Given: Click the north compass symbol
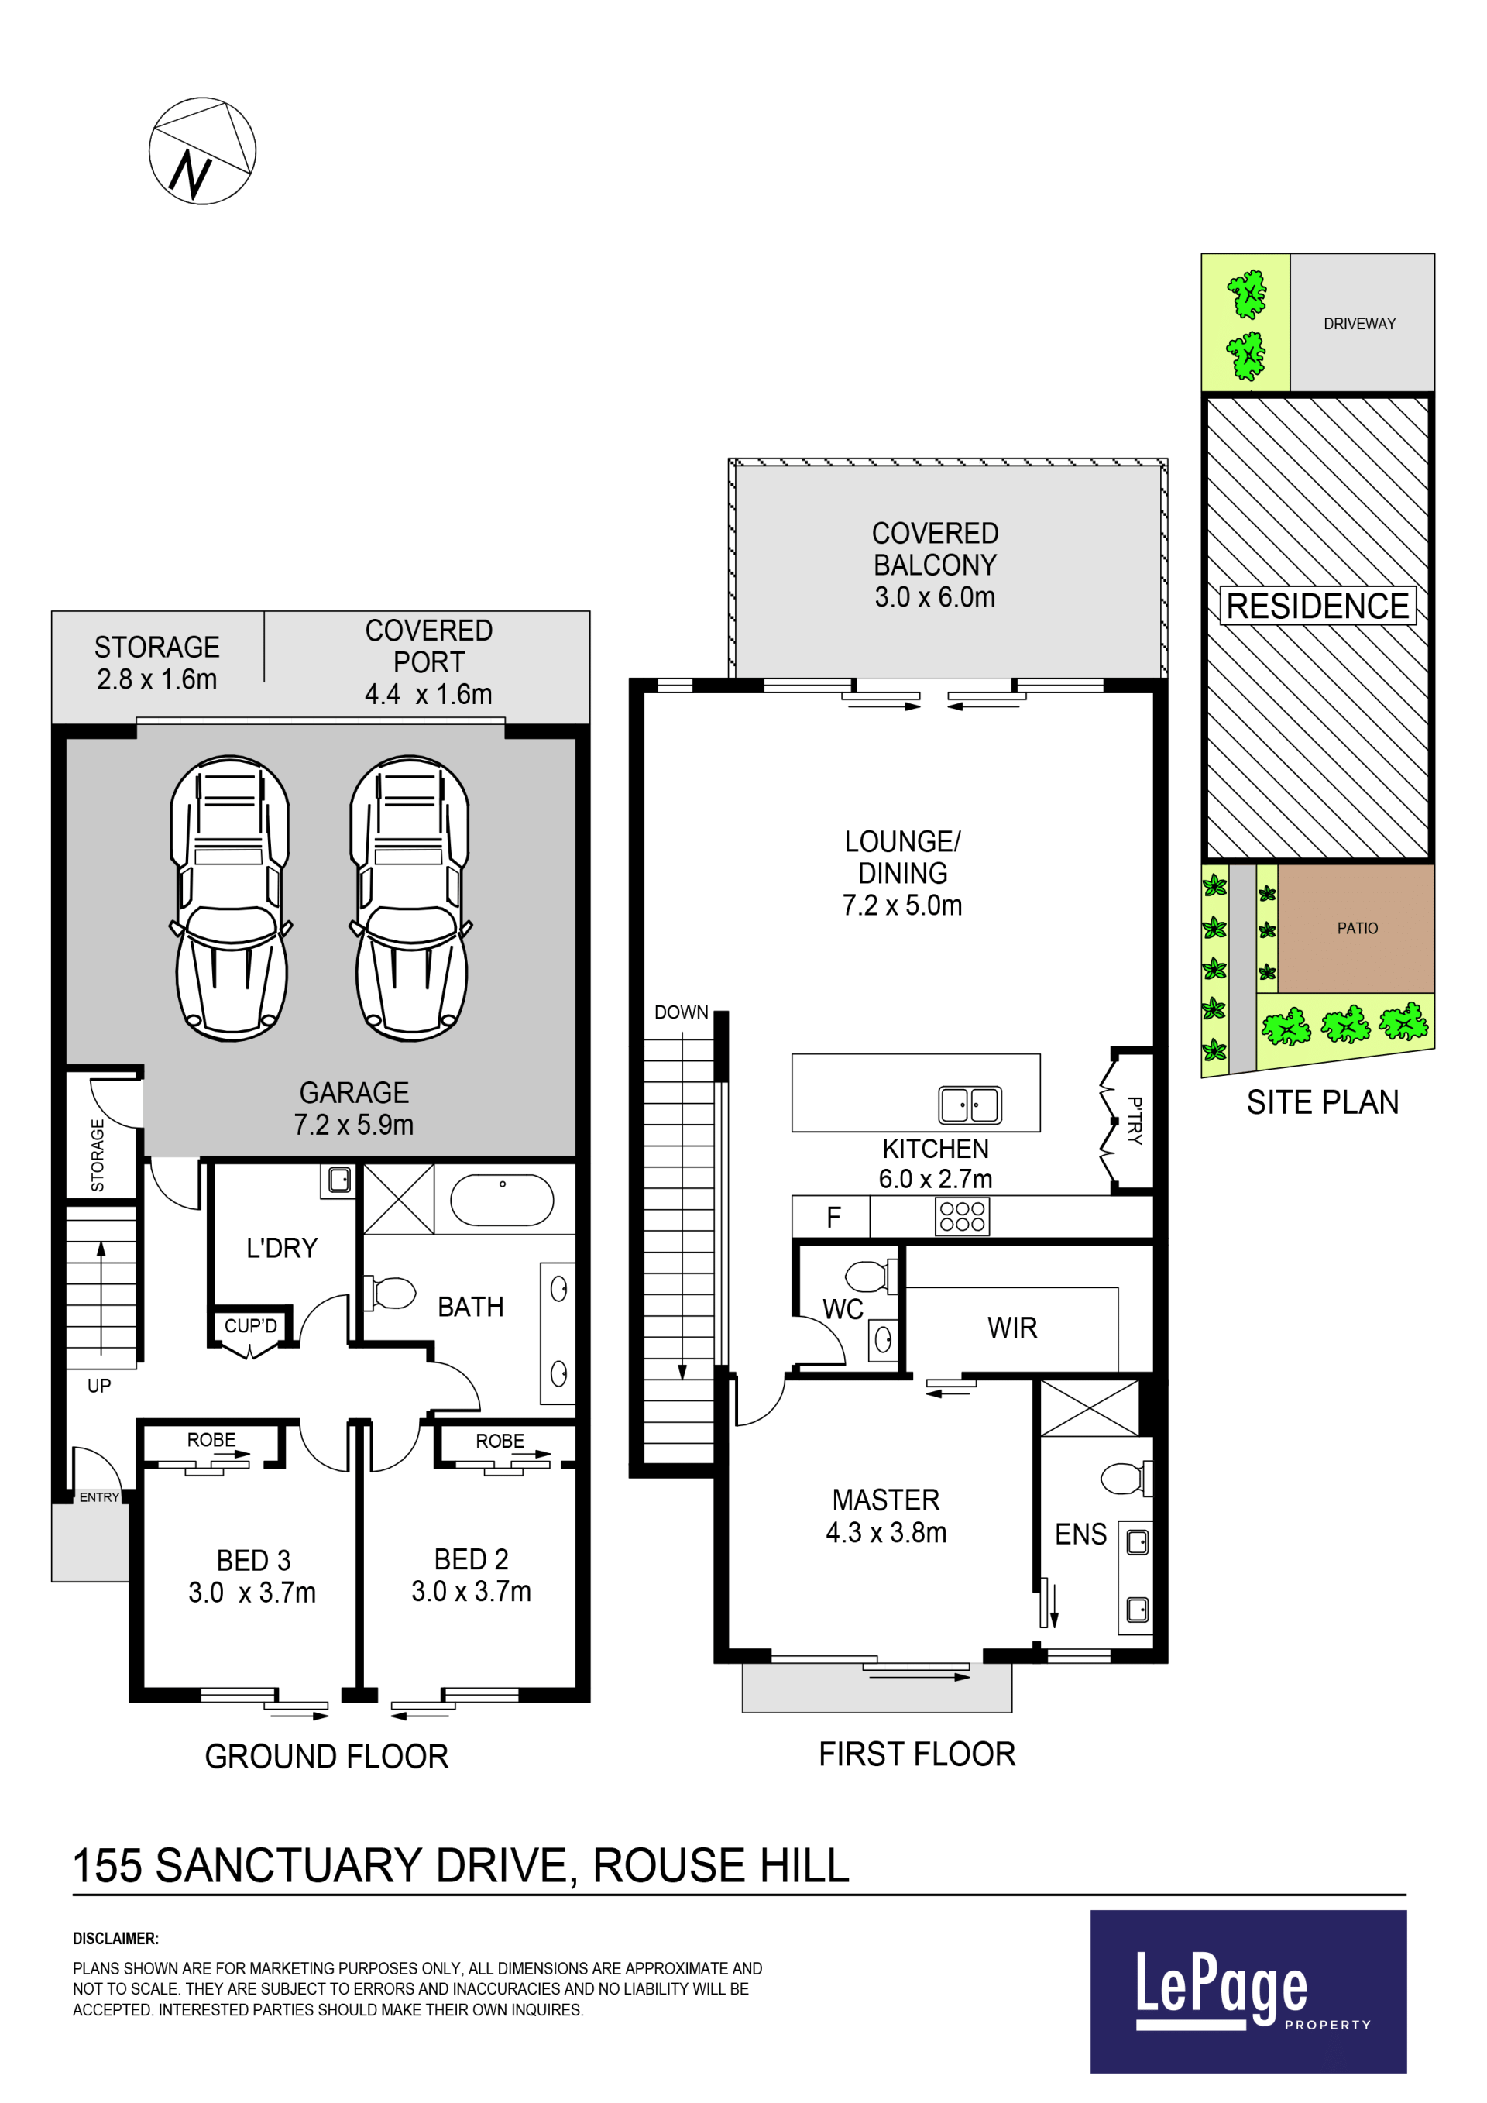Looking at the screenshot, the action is coord(202,151).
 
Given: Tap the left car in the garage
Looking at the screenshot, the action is coord(230,898).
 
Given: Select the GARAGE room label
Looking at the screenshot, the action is coord(355,1093).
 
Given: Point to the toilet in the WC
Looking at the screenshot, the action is coord(871,1276).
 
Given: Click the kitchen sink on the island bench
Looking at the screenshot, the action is coord(970,1105).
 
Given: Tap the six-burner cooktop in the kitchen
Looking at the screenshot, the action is coord(963,1216).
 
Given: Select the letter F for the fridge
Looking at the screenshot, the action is coord(833,1218).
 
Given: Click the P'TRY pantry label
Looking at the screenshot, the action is coord(1135,1120).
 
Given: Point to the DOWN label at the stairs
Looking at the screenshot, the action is coord(682,1012).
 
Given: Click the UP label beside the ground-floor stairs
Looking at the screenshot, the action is coord(99,1386).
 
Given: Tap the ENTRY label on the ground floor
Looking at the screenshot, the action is coord(99,1496).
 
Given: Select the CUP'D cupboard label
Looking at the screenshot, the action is coord(251,1325).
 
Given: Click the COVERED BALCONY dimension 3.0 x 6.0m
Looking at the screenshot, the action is coord(935,597).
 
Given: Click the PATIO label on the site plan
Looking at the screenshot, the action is coord(1357,928).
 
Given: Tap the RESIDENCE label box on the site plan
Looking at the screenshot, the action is coord(1317,606).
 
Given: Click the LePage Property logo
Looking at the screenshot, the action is coord(1248,1991).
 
